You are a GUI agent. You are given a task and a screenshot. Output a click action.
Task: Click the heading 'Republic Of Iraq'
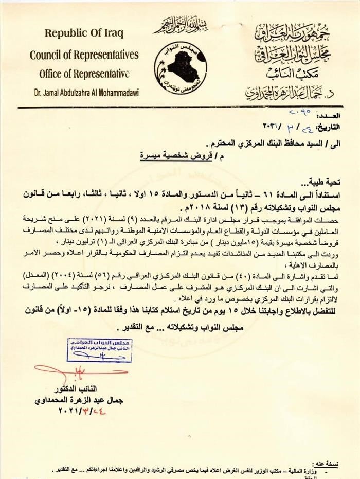[x=84, y=34]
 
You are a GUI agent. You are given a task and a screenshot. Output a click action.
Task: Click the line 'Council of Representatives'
[x=84, y=55]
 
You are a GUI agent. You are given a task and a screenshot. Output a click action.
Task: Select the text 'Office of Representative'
[x=84, y=73]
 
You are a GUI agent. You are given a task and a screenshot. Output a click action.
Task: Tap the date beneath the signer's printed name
[x=82, y=411]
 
